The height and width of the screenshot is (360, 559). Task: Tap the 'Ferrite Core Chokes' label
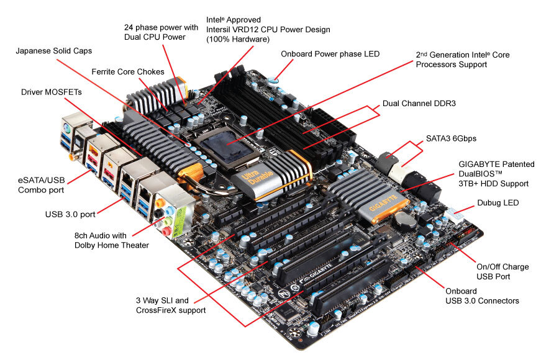[x=127, y=72]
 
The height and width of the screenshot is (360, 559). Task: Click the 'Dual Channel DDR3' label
[x=419, y=103]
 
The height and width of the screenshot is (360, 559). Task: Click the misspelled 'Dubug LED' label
[x=498, y=202]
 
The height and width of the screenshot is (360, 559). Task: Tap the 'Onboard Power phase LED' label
[x=330, y=54]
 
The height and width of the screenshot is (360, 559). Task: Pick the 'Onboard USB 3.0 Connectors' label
[x=482, y=295]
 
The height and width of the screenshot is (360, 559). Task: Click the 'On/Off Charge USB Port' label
[x=502, y=271]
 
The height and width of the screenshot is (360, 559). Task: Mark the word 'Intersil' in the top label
[x=221, y=29]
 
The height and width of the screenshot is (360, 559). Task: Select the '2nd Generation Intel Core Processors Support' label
[x=463, y=60]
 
